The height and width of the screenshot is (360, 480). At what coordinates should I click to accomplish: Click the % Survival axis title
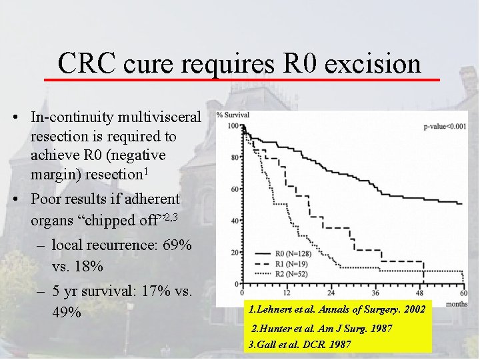234,115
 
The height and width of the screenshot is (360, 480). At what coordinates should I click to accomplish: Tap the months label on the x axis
456,303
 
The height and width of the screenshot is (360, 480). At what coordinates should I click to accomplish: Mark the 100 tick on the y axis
233,126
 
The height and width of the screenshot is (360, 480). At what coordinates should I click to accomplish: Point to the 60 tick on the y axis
235,189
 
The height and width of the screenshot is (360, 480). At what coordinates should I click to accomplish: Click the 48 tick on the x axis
419,293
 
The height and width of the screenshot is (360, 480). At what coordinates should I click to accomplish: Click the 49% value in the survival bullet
65,312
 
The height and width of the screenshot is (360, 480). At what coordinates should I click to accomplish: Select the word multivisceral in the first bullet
158,117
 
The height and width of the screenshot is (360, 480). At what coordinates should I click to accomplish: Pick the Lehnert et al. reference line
336,309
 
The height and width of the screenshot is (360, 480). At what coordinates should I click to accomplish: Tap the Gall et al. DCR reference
300,345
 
